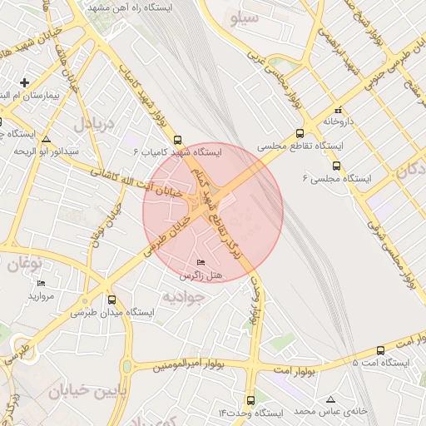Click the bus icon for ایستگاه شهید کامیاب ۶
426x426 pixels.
pos(179,141)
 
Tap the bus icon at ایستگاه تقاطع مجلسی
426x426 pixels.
pos(300,132)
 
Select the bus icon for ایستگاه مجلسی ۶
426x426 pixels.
pos(336,166)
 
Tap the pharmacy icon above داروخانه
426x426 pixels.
pos(337,110)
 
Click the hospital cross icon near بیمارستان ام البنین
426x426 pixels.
pos(25,82)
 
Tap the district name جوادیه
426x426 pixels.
pos(182,295)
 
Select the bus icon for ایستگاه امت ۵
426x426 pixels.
pos(380,350)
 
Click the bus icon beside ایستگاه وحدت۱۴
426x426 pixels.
pos(250,401)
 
